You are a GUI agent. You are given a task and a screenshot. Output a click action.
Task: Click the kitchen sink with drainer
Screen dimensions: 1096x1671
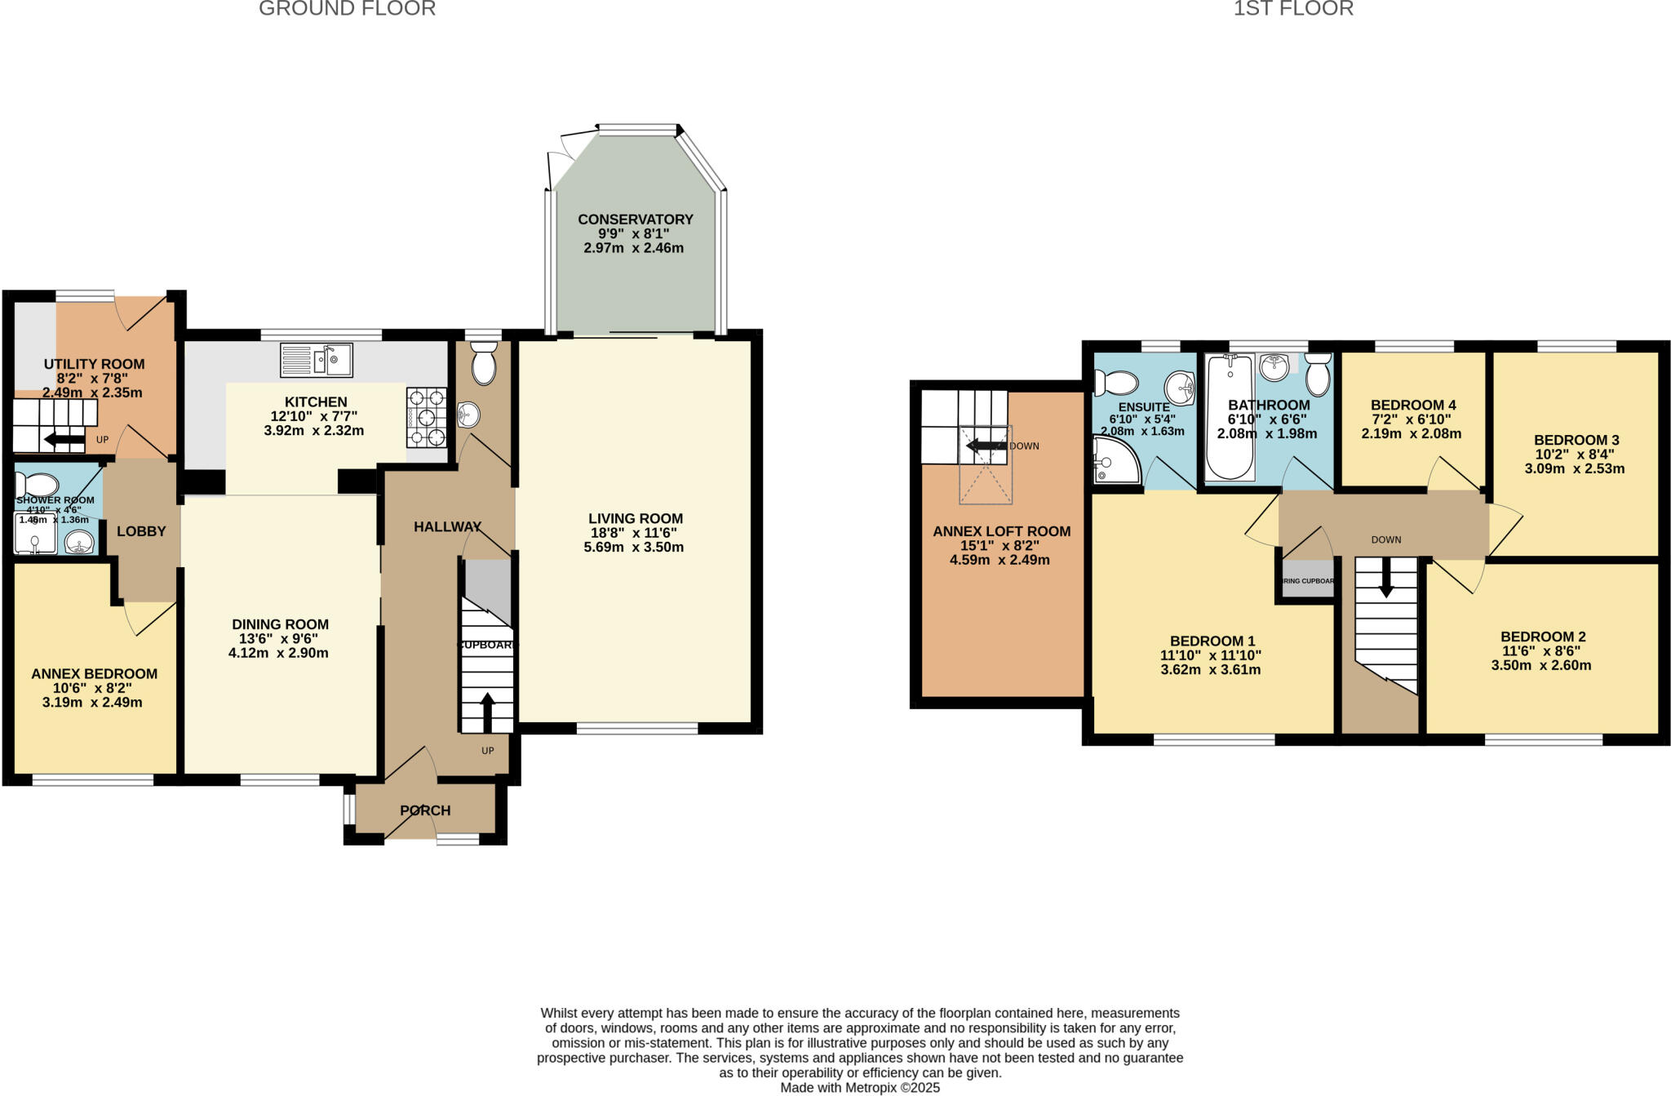click(316, 360)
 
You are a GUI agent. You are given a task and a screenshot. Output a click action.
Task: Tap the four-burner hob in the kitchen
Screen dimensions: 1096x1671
click(426, 417)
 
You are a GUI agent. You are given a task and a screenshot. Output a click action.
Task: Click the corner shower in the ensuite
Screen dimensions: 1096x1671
click(1115, 459)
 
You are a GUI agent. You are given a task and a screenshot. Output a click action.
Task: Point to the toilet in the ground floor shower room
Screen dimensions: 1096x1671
click(36, 484)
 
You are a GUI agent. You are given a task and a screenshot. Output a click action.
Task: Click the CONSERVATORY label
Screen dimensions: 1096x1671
click(635, 219)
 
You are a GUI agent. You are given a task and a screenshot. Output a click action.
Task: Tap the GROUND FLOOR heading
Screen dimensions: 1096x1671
click(347, 9)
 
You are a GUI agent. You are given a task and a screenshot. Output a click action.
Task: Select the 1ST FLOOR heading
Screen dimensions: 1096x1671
click(1293, 9)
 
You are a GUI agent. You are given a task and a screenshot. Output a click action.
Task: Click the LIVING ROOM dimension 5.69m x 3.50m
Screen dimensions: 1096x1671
click(633, 547)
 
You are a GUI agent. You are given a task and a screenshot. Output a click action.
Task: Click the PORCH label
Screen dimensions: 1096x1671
click(425, 810)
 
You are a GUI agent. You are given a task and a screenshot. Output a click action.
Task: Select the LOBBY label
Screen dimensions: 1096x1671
click(141, 531)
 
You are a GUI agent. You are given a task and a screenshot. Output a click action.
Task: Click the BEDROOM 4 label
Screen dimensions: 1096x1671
click(1413, 405)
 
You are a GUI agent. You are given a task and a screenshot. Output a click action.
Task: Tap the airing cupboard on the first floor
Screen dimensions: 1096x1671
click(1307, 580)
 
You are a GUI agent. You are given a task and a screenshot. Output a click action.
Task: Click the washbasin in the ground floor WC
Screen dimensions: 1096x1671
click(468, 415)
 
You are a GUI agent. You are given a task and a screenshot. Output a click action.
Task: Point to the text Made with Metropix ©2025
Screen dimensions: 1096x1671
click(860, 1088)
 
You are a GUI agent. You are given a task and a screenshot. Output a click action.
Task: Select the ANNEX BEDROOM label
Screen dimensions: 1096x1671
click(94, 673)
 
